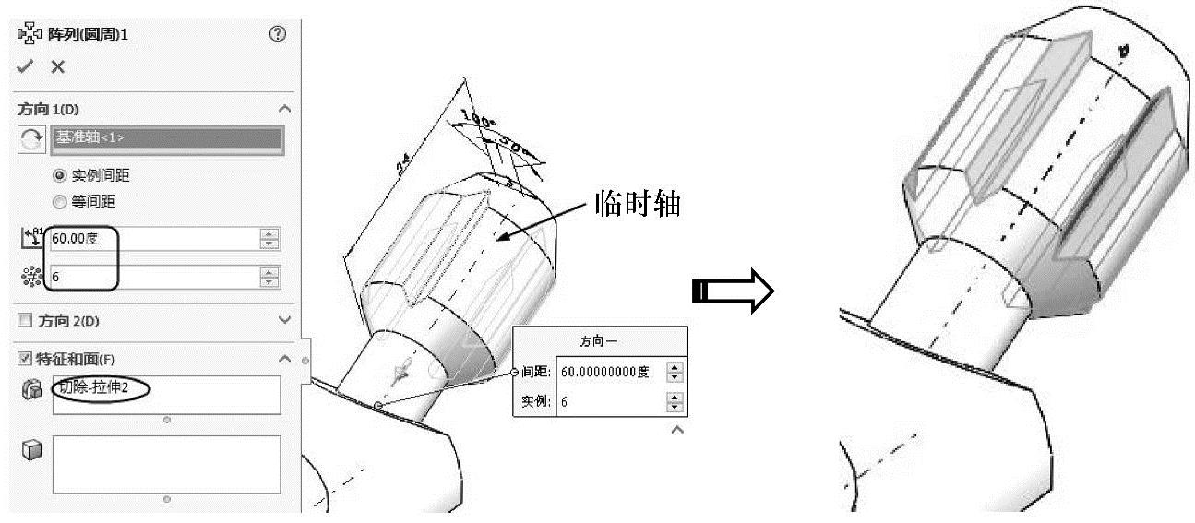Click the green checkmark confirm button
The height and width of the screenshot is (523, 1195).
[x=25, y=66]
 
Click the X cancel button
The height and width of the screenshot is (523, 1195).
[x=57, y=66]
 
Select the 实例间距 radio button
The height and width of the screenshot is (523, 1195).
[x=60, y=175]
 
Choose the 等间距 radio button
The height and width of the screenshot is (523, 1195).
[x=60, y=201]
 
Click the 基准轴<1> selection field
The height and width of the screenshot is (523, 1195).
[x=166, y=139]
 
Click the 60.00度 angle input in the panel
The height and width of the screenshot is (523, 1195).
[x=152, y=239]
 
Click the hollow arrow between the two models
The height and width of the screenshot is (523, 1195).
[x=734, y=292]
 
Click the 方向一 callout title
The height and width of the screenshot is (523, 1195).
[x=599, y=341]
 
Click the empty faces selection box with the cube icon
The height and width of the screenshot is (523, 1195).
[x=166, y=464]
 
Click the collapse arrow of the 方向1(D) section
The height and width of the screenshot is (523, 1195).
[x=284, y=109]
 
